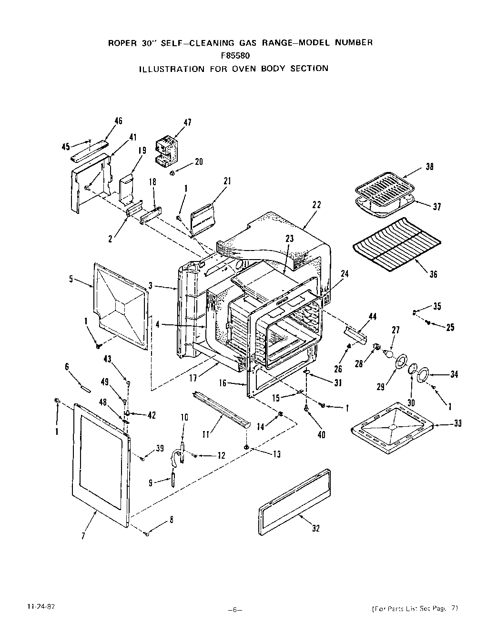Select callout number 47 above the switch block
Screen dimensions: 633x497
(x=187, y=122)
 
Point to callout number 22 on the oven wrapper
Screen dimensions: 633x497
(x=316, y=205)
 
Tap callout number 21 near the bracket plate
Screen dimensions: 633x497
(x=227, y=181)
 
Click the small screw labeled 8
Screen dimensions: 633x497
(x=147, y=534)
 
